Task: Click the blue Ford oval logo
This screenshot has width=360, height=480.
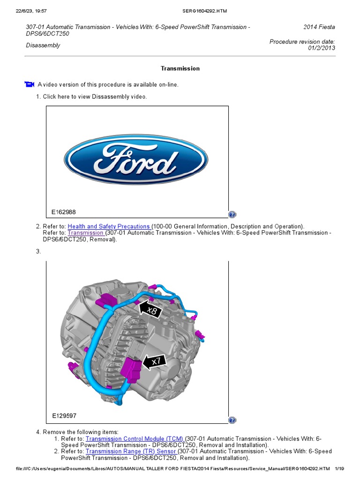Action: (136, 159)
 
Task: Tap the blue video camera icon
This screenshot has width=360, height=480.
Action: (30, 84)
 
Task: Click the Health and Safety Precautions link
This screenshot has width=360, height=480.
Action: (109, 226)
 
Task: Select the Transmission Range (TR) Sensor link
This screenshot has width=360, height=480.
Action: (131, 451)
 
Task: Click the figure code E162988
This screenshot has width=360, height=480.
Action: (64, 212)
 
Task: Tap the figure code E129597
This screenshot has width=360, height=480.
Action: (64, 415)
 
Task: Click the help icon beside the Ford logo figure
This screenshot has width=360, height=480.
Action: (232, 215)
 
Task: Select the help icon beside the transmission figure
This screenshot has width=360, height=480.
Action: (232, 420)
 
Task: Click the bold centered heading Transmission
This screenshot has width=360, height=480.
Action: (180, 68)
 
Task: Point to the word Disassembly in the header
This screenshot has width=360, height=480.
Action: (43, 45)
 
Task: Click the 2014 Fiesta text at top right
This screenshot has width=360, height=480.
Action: (319, 27)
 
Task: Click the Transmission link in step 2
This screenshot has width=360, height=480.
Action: (86, 233)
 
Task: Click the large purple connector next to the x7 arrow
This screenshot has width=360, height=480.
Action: (130, 367)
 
